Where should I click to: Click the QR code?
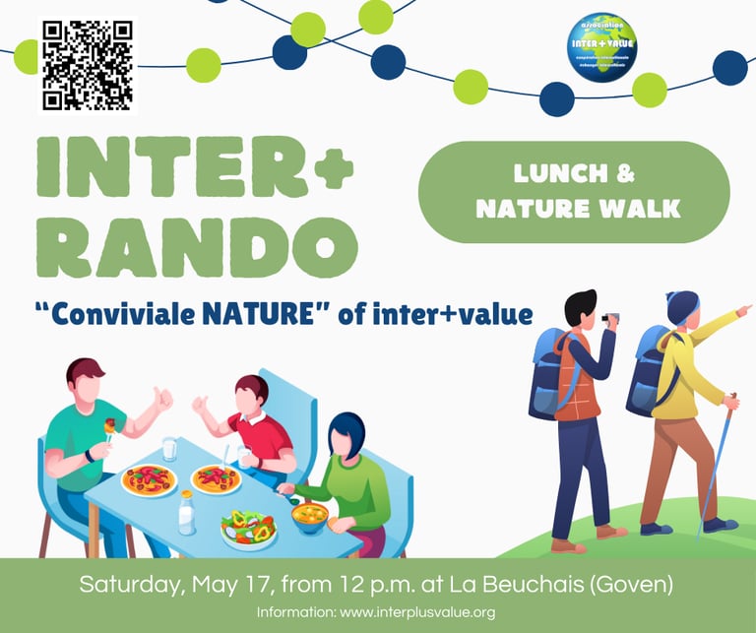point(87,64)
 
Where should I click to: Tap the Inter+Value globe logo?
point(602,46)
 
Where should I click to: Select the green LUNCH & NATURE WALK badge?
point(574,192)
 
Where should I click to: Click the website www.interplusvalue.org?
point(416,612)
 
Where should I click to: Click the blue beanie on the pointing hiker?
point(681,306)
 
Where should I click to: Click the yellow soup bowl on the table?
point(310,515)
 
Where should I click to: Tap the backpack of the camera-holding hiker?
point(548,373)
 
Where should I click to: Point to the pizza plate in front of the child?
point(217,478)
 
